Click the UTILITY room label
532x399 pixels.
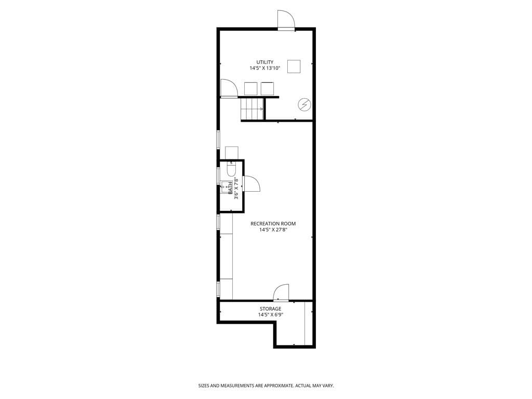point(265,62)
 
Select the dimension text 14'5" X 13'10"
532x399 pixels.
point(265,69)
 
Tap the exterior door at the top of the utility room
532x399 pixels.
point(286,20)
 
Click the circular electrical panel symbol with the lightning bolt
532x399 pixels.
point(304,105)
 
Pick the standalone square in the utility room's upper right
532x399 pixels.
point(294,66)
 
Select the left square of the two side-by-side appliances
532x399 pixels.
point(251,89)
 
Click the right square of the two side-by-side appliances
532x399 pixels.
point(267,89)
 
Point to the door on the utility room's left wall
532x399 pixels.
point(229,88)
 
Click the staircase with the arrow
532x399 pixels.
point(252,109)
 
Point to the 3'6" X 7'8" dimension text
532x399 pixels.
point(236,188)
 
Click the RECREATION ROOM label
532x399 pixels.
point(273,224)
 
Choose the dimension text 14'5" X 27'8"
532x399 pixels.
point(273,230)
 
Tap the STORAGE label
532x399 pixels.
point(271,309)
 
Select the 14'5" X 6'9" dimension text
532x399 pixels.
point(271,315)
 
